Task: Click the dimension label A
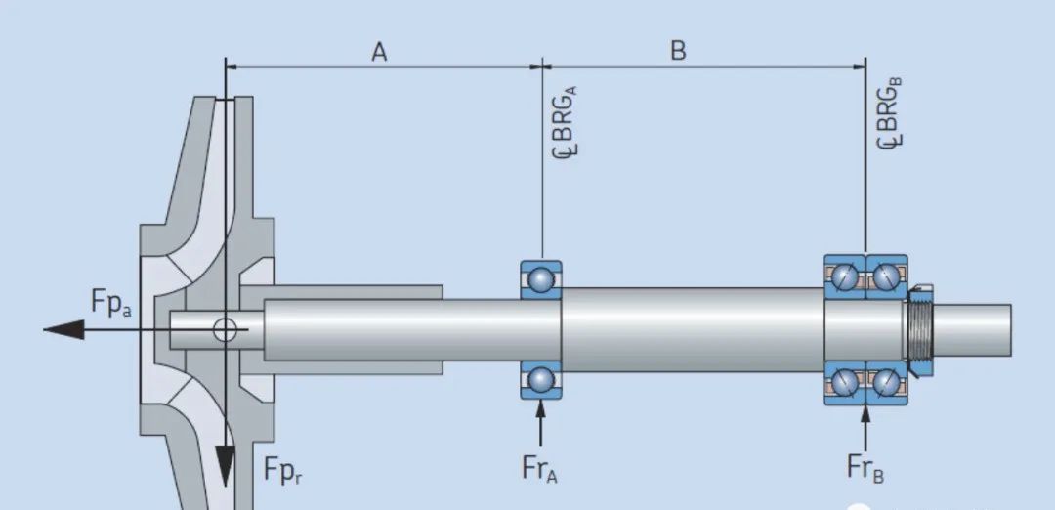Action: [x=379, y=52]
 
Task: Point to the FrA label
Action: [x=539, y=469]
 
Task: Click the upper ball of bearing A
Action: [x=540, y=280]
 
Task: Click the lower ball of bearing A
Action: [x=540, y=379]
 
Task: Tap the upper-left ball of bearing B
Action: [x=846, y=278]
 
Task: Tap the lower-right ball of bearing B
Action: [x=887, y=381]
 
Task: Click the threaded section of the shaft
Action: [x=918, y=330]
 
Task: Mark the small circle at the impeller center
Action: [x=226, y=329]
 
